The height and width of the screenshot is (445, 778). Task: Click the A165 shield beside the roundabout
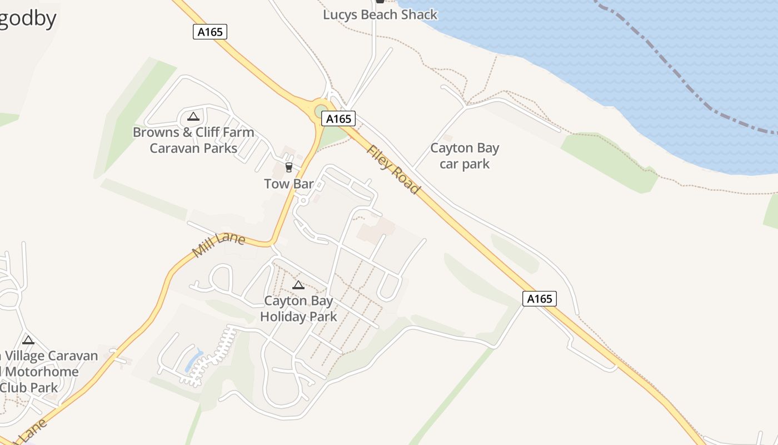(338, 118)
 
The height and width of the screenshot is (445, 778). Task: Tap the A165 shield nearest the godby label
(210, 32)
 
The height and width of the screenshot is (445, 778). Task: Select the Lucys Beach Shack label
(380, 14)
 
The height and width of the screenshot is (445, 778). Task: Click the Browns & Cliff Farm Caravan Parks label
(193, 140)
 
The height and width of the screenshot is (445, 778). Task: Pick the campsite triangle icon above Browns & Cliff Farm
(193, 116)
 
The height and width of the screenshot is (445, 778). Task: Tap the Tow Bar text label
(288, 184)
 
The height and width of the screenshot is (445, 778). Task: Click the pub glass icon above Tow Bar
(288, 167)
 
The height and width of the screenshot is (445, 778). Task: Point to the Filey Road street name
(393, 170)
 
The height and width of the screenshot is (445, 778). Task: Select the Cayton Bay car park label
(465, 156)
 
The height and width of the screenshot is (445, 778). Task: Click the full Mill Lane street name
(218, 245)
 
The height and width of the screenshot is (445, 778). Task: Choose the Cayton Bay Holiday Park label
(298, 309)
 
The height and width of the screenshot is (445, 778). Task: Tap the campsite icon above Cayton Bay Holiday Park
(298, 285)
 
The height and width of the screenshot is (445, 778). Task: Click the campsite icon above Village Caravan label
(28, 340)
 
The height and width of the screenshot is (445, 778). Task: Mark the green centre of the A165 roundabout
(321, 112)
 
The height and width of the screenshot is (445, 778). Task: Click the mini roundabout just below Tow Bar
(303, 200)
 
